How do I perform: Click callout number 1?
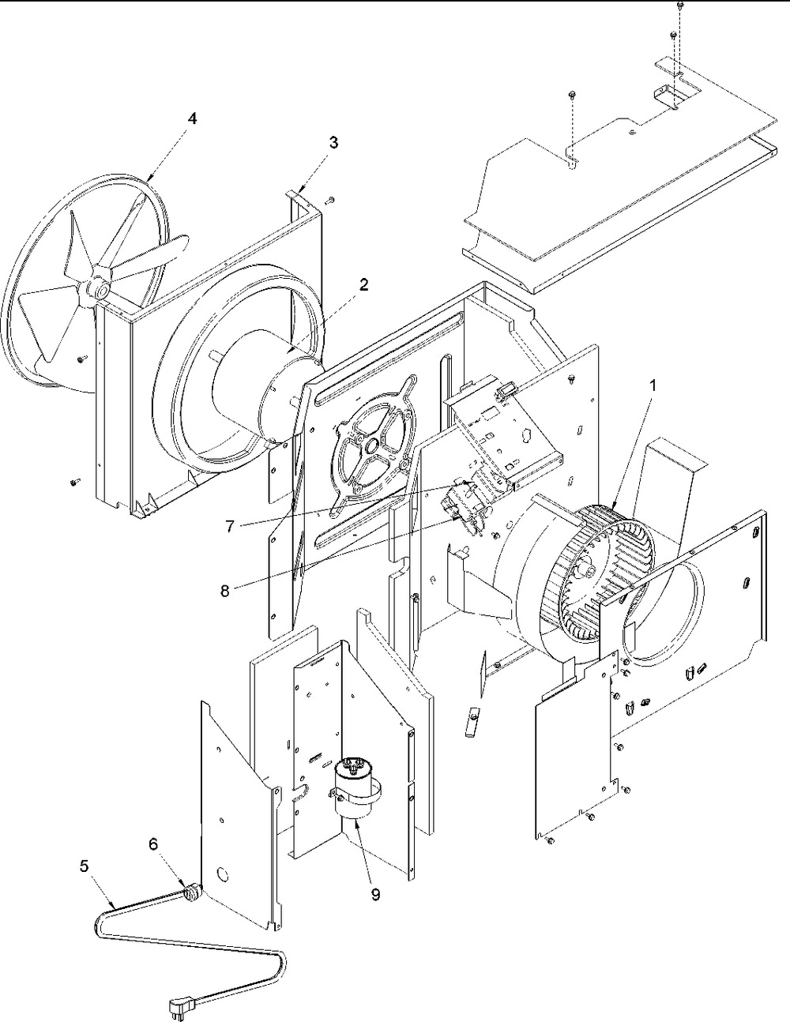pos(653,387)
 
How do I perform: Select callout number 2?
pos(363,285)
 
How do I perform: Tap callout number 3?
pos(333,142)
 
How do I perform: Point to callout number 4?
pos(191,118)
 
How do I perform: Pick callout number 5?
pos(84,866)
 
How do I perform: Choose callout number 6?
pos(153,844)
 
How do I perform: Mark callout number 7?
pos(230,526)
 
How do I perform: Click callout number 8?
pos(225,591)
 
